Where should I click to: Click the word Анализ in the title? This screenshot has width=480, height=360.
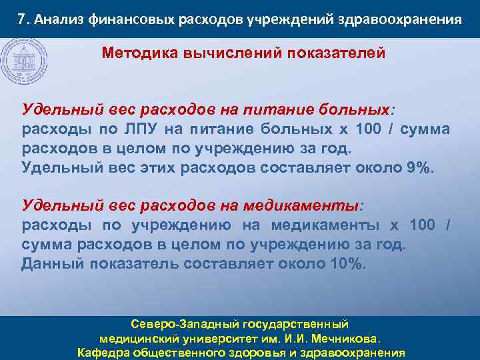coord(55,19)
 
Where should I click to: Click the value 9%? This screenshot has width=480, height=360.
coord(419,167)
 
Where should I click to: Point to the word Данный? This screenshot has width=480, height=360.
coord(51,263)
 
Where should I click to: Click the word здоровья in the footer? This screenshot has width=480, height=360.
coord(255,353)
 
